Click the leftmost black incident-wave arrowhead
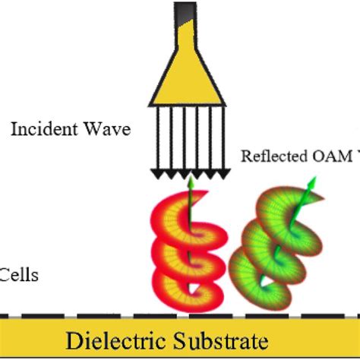pyautogui.click(x=156, y=175)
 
